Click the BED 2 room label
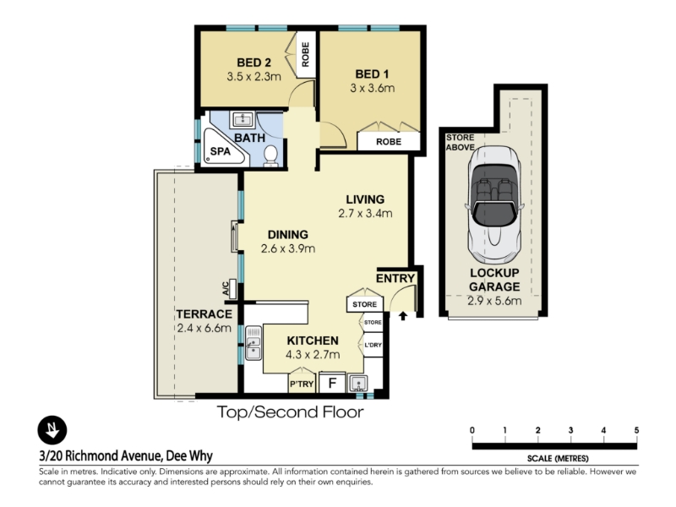coord(253,63)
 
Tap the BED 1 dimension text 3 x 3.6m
coord(372,88)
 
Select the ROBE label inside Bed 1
coord(389,142)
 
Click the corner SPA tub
coord(224,146)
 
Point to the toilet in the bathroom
coord(270,155)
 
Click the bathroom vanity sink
coord(242,119)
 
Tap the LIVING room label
coord(365,199)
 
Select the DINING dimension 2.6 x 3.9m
coord(287,248)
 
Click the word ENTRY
coord(395,279)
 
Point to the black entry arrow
coord(403,316)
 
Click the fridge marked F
coord(332,383)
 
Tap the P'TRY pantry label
coord(302,384)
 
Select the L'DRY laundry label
coord(373,345)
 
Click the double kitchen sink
coord(253,343)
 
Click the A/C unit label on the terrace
coord(226,288)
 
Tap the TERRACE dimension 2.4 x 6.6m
coord(204,328)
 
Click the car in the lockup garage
coord(494,204)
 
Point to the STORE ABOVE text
coord(460,142)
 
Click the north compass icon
coord(52,430)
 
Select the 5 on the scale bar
coord(636,430)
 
